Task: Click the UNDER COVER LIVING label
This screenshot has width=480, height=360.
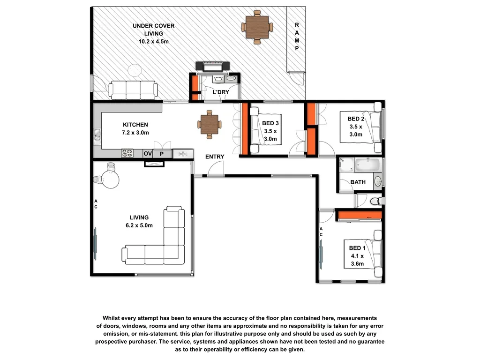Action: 153,33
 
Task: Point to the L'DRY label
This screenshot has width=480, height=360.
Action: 221,92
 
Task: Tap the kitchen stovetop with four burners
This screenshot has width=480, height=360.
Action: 127,153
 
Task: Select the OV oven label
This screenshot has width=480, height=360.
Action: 148,153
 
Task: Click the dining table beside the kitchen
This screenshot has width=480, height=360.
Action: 208,124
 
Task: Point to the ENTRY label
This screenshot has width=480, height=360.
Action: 215,157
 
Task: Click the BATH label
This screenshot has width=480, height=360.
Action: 358,182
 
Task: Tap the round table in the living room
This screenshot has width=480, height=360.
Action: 110,179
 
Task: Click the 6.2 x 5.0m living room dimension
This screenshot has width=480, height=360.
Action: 139,225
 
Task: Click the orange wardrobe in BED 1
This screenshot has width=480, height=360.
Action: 360,215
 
